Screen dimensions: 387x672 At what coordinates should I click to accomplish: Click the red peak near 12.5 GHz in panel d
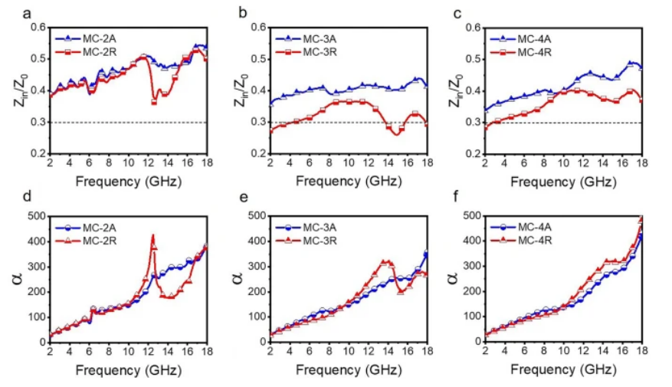[153, 236]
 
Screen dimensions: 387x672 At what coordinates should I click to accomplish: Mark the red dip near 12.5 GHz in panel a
[154, 102]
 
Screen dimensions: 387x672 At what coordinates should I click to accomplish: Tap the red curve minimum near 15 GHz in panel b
[396, 133]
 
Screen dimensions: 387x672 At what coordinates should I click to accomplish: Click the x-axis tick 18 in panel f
[642, 352]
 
